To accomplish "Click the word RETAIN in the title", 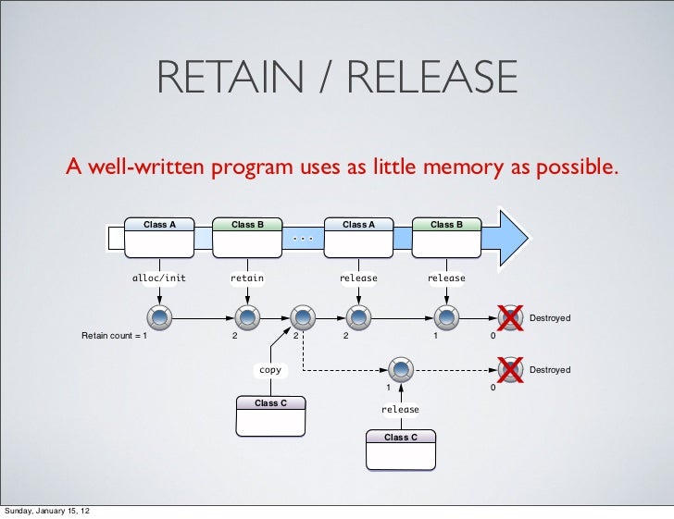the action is click(231, 77).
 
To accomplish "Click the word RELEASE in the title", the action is click(432, 77).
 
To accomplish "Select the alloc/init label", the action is click(159, 278).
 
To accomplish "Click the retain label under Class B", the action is click(247, 278).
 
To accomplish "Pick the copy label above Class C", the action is click(270, 370).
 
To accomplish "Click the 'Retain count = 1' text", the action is click(115, 336).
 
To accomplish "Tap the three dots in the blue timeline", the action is click(303, 238).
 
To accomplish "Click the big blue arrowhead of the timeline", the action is click(513, 239).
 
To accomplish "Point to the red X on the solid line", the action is click(511, 318).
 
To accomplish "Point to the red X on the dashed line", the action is click(511, 370).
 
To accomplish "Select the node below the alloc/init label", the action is click(159, 318).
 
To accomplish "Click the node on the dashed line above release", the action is click(401, 369).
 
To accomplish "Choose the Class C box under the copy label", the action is click(270, 416).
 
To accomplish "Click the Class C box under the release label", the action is click(401, 450).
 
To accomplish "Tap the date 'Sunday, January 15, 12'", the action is click(47, 511).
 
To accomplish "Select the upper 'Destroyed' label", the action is click(550, 318).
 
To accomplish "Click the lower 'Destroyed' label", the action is click(550, 369).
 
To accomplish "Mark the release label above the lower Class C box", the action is click(400, 410).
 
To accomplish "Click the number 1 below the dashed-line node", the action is click(389, 388).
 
